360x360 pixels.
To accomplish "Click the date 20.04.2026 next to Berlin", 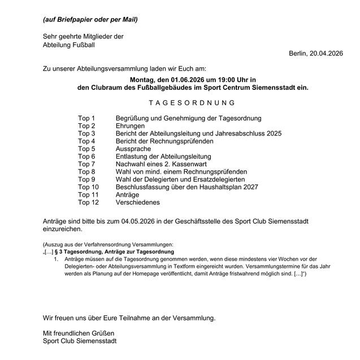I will click(325, 53).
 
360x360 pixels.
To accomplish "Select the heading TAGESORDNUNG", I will click(192, 103).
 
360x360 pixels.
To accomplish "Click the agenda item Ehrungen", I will click(130, 125).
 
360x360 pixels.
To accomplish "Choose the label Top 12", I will click(88, 202).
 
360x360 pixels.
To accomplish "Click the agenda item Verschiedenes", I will click(137, 202).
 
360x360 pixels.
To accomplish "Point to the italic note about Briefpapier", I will click(90, 20).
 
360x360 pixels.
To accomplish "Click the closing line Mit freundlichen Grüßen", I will click(79, 333).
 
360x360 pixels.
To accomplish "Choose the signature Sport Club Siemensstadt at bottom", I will click(80, 341).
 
